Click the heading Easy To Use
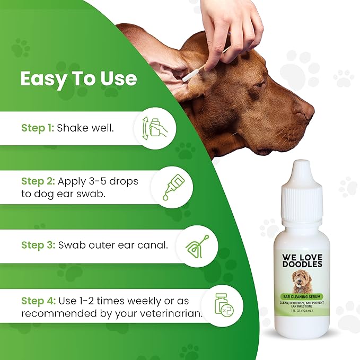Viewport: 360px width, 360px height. point(78,79)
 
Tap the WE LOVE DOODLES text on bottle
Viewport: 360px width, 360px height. point(301,261)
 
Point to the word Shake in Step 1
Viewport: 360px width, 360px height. point(72,128)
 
